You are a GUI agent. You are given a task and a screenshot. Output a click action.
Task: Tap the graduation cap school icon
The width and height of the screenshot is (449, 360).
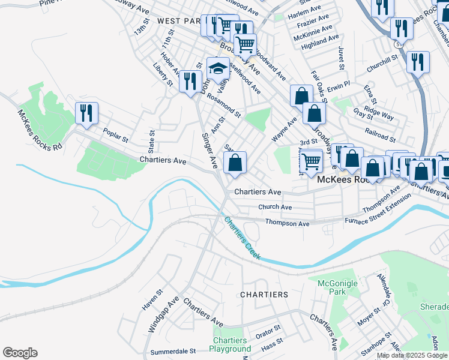click(218, 69)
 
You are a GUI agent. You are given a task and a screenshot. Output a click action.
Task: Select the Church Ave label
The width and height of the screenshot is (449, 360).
click(274, 207)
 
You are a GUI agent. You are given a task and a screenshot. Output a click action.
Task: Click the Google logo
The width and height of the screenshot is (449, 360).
click(20, 353)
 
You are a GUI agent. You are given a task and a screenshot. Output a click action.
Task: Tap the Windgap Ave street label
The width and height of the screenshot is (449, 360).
click(160, 316)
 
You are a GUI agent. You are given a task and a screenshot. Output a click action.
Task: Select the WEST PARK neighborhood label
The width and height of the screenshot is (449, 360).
click(178, 21)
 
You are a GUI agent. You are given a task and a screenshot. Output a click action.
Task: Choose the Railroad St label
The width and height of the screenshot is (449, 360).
click(379, 130)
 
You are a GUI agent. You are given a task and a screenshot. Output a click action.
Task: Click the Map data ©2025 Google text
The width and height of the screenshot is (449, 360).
click(412, 355)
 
